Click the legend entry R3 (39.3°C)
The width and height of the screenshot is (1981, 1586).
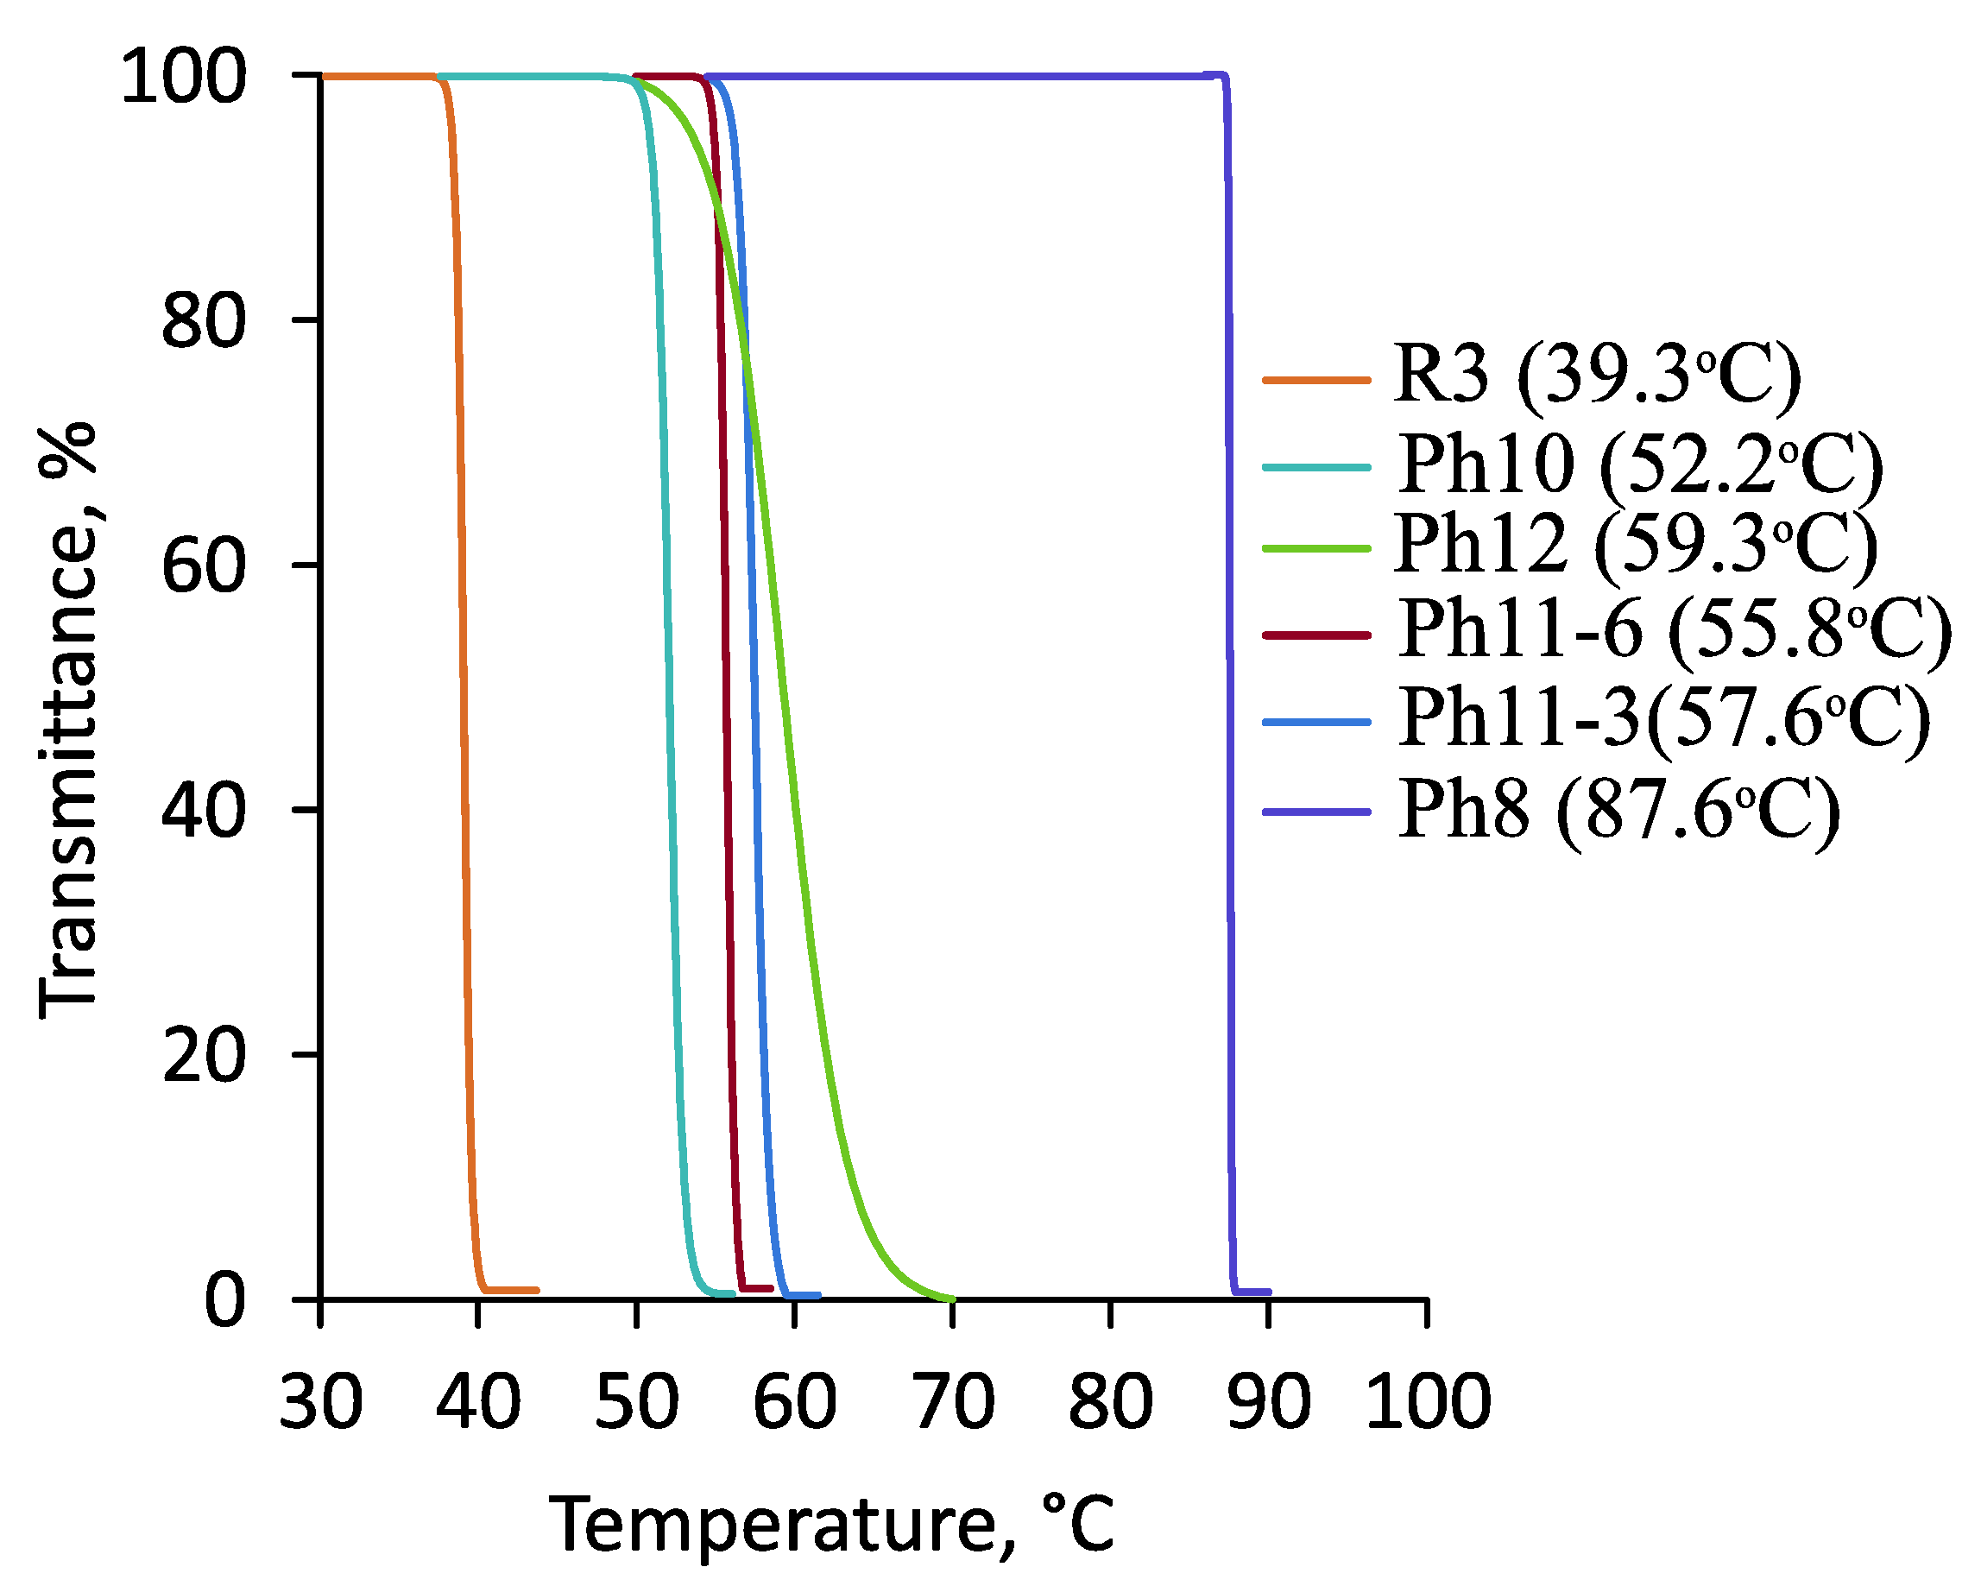point(1596,375)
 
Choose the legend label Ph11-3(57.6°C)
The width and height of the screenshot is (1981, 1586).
point(1664,717)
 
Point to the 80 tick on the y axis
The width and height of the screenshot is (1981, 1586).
point(203,322)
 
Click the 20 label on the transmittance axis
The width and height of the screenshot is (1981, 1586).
point(203,1055)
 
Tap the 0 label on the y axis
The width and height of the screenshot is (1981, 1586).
point(224,1300)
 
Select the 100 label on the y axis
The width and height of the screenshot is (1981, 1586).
point(184,77)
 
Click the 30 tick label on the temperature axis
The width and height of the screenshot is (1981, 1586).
point(321,1403)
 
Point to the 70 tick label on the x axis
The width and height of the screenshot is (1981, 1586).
point(954,1403)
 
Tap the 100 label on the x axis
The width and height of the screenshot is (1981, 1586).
point(1428,1403)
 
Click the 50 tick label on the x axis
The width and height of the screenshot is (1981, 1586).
point(637,1403)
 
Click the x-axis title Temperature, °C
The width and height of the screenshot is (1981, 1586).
point(831,1525)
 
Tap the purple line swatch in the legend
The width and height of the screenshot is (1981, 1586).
point(1316,812)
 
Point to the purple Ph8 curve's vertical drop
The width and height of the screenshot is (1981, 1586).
point(1229,689)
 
